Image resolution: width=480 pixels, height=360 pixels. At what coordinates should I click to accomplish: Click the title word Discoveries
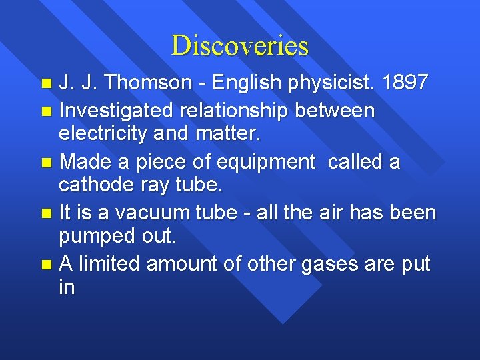240,45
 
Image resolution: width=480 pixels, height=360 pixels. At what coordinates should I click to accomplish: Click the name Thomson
135,83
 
